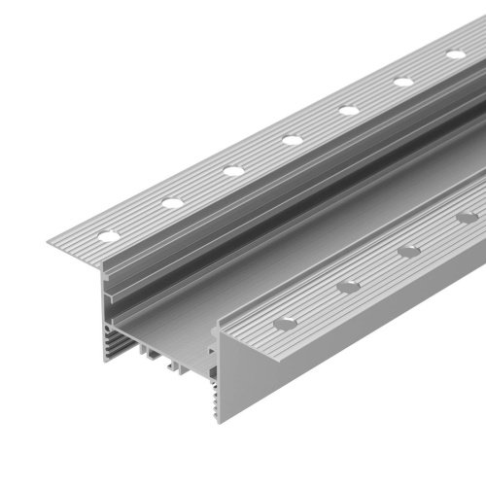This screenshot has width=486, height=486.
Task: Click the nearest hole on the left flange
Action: (x=108, y=234)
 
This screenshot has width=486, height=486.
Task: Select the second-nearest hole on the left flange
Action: (x=172, y=202)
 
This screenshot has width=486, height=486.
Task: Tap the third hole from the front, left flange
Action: (x=232, y=171)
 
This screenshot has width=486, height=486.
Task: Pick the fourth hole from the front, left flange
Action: (x=292, y=140)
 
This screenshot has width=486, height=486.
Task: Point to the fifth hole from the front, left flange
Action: (x=349, y=110)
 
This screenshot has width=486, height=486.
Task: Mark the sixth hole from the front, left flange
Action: (x=403, y=82)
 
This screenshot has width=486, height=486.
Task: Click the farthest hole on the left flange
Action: (x=455, y=54)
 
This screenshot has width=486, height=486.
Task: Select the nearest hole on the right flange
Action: (x=285, y=322)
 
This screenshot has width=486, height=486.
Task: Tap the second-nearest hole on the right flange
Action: (x=347, y=286)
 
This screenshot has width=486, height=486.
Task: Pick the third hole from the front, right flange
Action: (x=409, y=251)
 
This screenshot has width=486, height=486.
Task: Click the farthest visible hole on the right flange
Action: (x=467, y=218)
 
